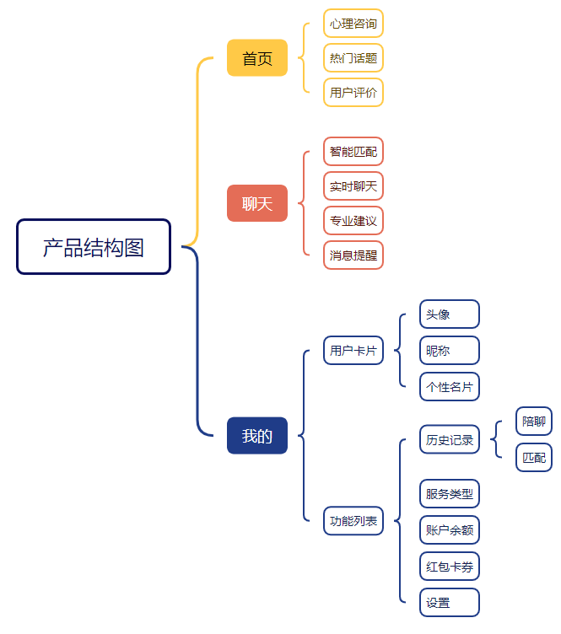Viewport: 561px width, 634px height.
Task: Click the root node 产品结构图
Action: pos(94,247)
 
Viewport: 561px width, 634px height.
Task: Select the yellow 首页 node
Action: pos(257,58)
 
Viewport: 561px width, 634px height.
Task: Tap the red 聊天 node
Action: pos(257,203)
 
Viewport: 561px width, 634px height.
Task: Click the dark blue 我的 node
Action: pos(257,436)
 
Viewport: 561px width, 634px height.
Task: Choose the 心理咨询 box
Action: pos(353,23)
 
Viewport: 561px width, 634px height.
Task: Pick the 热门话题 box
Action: pos(353,58)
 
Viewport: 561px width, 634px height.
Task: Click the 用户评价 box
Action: pos(353,93)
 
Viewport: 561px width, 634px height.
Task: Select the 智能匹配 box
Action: pos(353,152)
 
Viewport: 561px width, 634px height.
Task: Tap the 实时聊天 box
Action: pos(353,186)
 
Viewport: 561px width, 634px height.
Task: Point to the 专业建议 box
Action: pos(353,221)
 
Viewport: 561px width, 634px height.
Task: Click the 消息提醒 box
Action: pos(353,255)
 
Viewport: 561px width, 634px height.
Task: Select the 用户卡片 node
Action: pos(353,350)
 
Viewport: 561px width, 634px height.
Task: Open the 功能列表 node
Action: pos(353,520)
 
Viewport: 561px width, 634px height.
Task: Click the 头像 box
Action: pos(450,314)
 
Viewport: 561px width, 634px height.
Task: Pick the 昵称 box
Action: pos(450,350)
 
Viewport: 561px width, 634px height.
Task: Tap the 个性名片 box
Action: pos(450,387)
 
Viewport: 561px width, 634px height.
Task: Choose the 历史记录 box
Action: pos(450,439)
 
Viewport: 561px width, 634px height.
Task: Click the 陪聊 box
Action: pos(534,422)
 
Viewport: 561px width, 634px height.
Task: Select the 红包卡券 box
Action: pos(450,566)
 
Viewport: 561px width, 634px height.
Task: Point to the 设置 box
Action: pos(450,603)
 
